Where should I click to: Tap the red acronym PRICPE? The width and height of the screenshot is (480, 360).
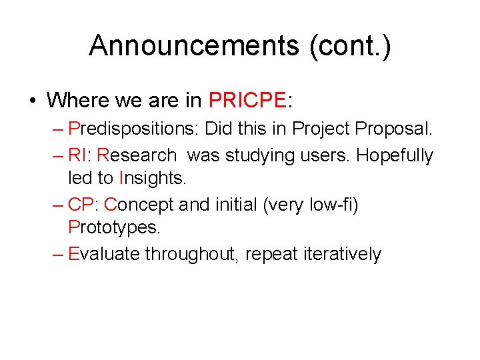point(247,100)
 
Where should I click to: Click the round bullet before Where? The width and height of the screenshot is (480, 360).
point(32,101)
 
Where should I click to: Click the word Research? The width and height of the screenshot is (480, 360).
point(137,156)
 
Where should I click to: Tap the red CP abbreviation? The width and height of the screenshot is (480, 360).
point(83,205)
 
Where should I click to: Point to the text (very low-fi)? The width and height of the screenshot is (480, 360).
point(311,205)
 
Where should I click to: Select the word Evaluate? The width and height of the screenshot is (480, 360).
point(105,254)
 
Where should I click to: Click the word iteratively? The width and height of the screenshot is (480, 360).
point(342,254)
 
